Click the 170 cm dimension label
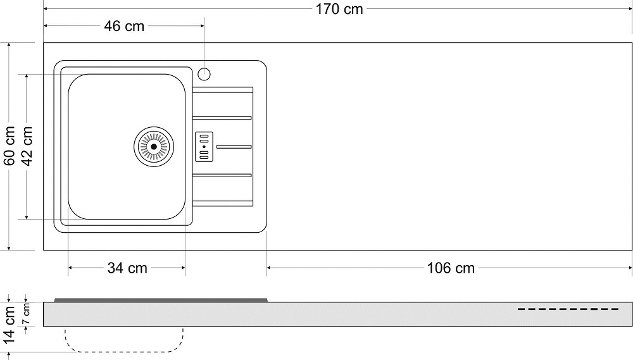(x=339, y=9)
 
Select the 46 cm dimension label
(x=124, y=26)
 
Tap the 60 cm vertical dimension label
(x=9, y=146)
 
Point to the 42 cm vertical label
(x=27, y=146)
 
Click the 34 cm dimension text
(x=127, y=268)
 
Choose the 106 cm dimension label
(x=451, y=268)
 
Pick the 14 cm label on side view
(x=9, y=325)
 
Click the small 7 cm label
(x=26, y=315)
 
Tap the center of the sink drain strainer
(x=154, y=147)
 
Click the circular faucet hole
(x=204, y=74)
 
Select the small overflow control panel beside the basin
(x=204, y=147)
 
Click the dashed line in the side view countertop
(x=568, y=309)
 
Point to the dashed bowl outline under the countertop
(x=124, y=352)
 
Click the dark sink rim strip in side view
(x=161, y=300)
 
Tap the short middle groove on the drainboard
(x=234, y=147)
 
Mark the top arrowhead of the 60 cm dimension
(x=9, y=46)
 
